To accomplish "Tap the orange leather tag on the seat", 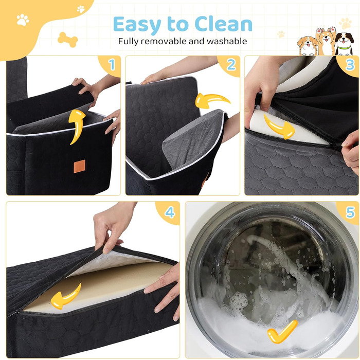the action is pyautogui.click(x=80, y=166).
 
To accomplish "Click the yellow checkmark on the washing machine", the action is pyautogui.click(x=282, y=332).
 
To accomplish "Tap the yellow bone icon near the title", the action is pyautogui.click(x=68, y=40).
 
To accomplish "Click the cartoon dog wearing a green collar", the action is pyautogui.click(x=345, y=44).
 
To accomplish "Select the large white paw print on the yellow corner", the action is pyautogui.click(x=23, y=20).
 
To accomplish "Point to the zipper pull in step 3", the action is pyautogui.click(x=334, y=145).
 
